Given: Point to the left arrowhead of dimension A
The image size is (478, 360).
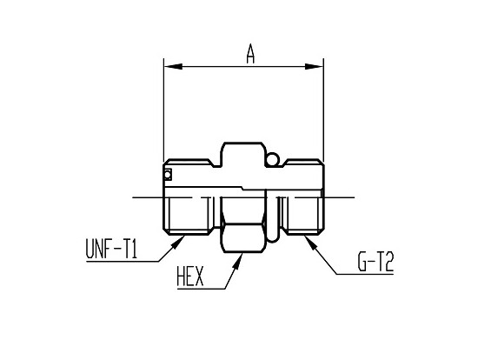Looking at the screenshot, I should [170, 65].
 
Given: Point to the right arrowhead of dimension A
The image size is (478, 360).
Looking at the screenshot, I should [317, 65].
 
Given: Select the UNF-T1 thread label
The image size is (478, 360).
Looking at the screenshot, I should [111, 250].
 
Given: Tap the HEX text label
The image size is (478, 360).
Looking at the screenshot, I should [189, 278].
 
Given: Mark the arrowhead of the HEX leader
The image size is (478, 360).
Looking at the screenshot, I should [236, 257].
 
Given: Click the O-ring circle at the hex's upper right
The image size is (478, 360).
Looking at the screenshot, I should [273, 159].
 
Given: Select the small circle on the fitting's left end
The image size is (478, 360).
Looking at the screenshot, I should [168, 177].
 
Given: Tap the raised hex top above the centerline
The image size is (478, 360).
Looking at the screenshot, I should [243, 157].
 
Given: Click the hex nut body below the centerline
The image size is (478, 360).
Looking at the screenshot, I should [243, 235].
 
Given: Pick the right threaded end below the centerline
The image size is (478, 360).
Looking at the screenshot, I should [304, 215].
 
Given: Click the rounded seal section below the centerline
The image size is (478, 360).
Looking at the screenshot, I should [276, 217].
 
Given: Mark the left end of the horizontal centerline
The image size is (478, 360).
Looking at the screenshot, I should [133, 197].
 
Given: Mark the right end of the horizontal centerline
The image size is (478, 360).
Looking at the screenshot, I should [355, 197].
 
